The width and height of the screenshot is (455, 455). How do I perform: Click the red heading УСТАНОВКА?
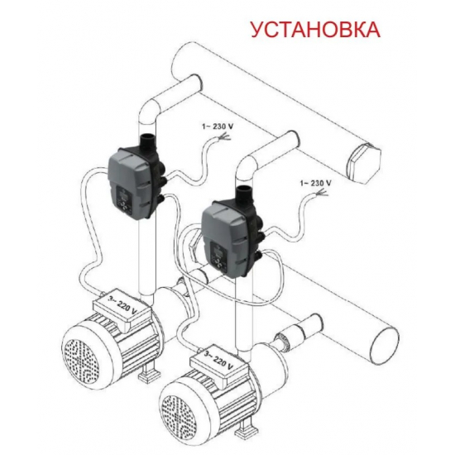(x=315, y=29)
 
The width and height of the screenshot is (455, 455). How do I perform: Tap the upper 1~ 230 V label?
(x=218, y=127)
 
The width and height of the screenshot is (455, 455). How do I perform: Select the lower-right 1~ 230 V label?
(x=315, y=183)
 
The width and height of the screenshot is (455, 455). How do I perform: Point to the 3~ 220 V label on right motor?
(x=218, y=361)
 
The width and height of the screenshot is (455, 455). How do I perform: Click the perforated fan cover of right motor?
(x=179, y=414)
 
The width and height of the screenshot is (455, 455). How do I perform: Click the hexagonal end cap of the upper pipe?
(x=362, y=163)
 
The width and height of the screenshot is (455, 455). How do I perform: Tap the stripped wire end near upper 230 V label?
(x=224, y=136)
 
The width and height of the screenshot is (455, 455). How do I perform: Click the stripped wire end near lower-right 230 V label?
(x=322, y=192)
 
